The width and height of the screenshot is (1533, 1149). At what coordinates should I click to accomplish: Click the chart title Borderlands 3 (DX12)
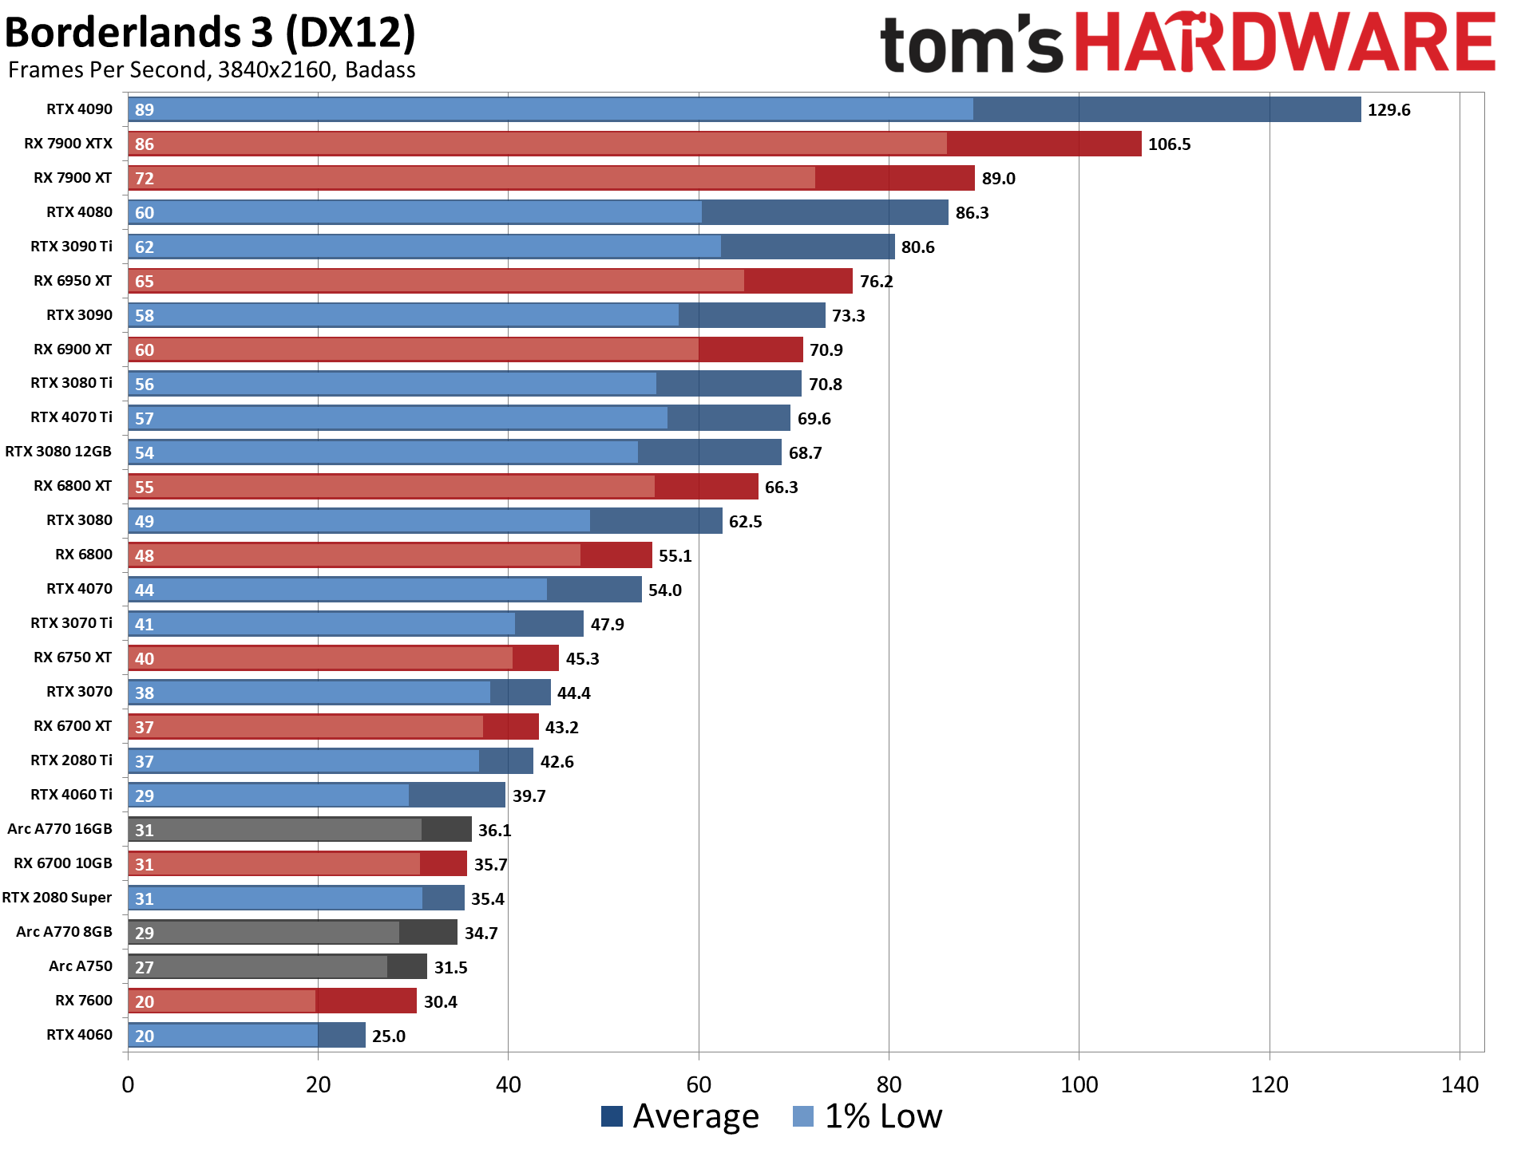tap(210, 34)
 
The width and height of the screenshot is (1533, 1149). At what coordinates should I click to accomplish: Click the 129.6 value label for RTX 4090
tap(1388, 110)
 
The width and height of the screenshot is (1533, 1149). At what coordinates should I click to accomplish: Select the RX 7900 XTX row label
tap(68, 144)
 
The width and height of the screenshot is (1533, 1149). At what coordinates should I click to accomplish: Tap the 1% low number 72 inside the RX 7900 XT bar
tap(145, 179)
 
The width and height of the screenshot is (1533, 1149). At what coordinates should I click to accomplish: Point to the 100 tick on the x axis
tap(1079, 1085)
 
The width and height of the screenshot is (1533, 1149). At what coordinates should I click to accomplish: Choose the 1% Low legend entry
tap(868, 1115)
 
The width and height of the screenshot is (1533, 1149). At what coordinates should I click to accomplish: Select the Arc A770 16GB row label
tap(60, 829)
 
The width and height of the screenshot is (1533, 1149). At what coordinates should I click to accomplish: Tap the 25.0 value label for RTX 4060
tap(389, 1036)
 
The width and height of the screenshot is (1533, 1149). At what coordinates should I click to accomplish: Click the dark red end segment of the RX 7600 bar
tap(366, 1001)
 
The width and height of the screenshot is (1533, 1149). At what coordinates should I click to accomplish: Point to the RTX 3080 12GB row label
tap(58, 452)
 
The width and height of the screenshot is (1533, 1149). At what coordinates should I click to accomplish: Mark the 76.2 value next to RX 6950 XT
tap(876, 282)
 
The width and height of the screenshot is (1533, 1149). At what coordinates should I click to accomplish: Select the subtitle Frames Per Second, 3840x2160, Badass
tap(212, 70)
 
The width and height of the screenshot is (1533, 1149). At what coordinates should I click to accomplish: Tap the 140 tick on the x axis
tap(1460, 1085)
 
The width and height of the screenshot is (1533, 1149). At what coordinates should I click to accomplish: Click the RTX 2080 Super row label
tap(57, 898)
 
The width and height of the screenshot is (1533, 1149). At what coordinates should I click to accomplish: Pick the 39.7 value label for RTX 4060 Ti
tap(529, 796)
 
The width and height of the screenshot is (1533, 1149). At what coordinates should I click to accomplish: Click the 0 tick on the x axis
tap(128, 1085)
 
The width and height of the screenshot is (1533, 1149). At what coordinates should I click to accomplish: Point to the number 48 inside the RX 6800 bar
tap(145, 556)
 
